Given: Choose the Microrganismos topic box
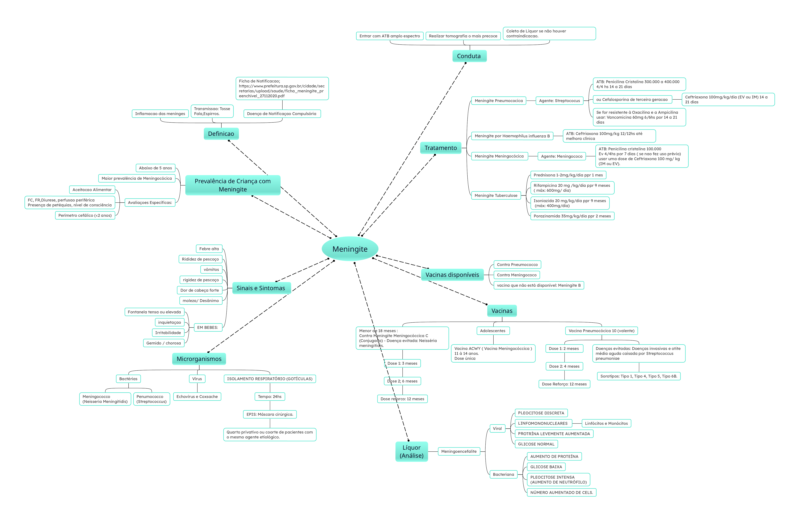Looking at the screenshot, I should tap(199, 359).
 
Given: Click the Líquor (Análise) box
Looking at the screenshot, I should tap(411, 451).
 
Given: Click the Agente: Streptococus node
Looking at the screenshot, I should tap(559, 101).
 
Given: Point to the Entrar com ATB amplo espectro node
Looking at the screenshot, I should tap(390, 36).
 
